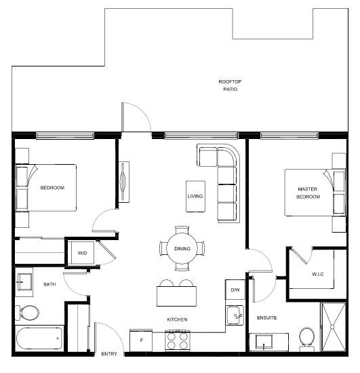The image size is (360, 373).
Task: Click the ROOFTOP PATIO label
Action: coord(230,85)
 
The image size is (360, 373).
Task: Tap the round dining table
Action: coord(182,249)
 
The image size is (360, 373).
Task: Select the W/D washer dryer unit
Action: coord(82,253)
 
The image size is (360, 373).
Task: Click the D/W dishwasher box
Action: coord(235,290)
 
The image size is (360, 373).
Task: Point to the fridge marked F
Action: coord(141,340)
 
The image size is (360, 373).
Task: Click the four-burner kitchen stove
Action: coord(178,340)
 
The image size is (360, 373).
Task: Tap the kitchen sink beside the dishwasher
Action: coord(235,315)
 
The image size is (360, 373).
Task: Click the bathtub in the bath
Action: coord(39,338)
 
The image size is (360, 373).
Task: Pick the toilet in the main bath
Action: coord(27,313)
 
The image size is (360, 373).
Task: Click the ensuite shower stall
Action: coord(334,327)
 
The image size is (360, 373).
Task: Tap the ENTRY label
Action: coord(109,354)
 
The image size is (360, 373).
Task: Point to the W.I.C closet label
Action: coord(318,274)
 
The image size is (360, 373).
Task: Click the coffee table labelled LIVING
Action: coord(195,196)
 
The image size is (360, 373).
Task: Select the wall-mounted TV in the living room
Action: coord(123,182)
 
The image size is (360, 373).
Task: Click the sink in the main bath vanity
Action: coord(24,282)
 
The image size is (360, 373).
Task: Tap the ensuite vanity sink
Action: coord(264,342)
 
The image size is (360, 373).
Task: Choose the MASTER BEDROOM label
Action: coord(308,193)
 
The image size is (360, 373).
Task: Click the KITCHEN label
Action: coord(177,319)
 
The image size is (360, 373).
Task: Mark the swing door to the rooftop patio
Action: coord(136,117)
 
